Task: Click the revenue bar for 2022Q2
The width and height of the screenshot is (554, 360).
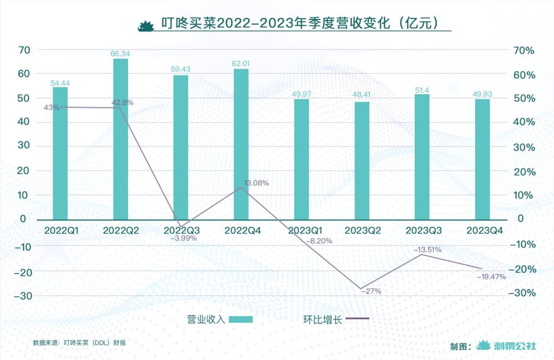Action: (x=121, y=138)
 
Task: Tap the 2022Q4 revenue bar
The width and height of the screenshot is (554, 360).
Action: (x=241, y=144)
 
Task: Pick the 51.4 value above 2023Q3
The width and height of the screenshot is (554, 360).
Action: (x=422, y=90)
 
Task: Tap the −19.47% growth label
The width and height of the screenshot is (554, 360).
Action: (x=491, y=277)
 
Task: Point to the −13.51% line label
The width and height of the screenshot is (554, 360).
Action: (x=427, y=250)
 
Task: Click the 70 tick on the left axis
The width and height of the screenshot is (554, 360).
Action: (x=24, y=50)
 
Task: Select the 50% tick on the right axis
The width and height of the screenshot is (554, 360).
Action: (x=523, y=99)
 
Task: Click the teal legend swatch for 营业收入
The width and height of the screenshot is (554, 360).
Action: (x=241, y=319)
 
